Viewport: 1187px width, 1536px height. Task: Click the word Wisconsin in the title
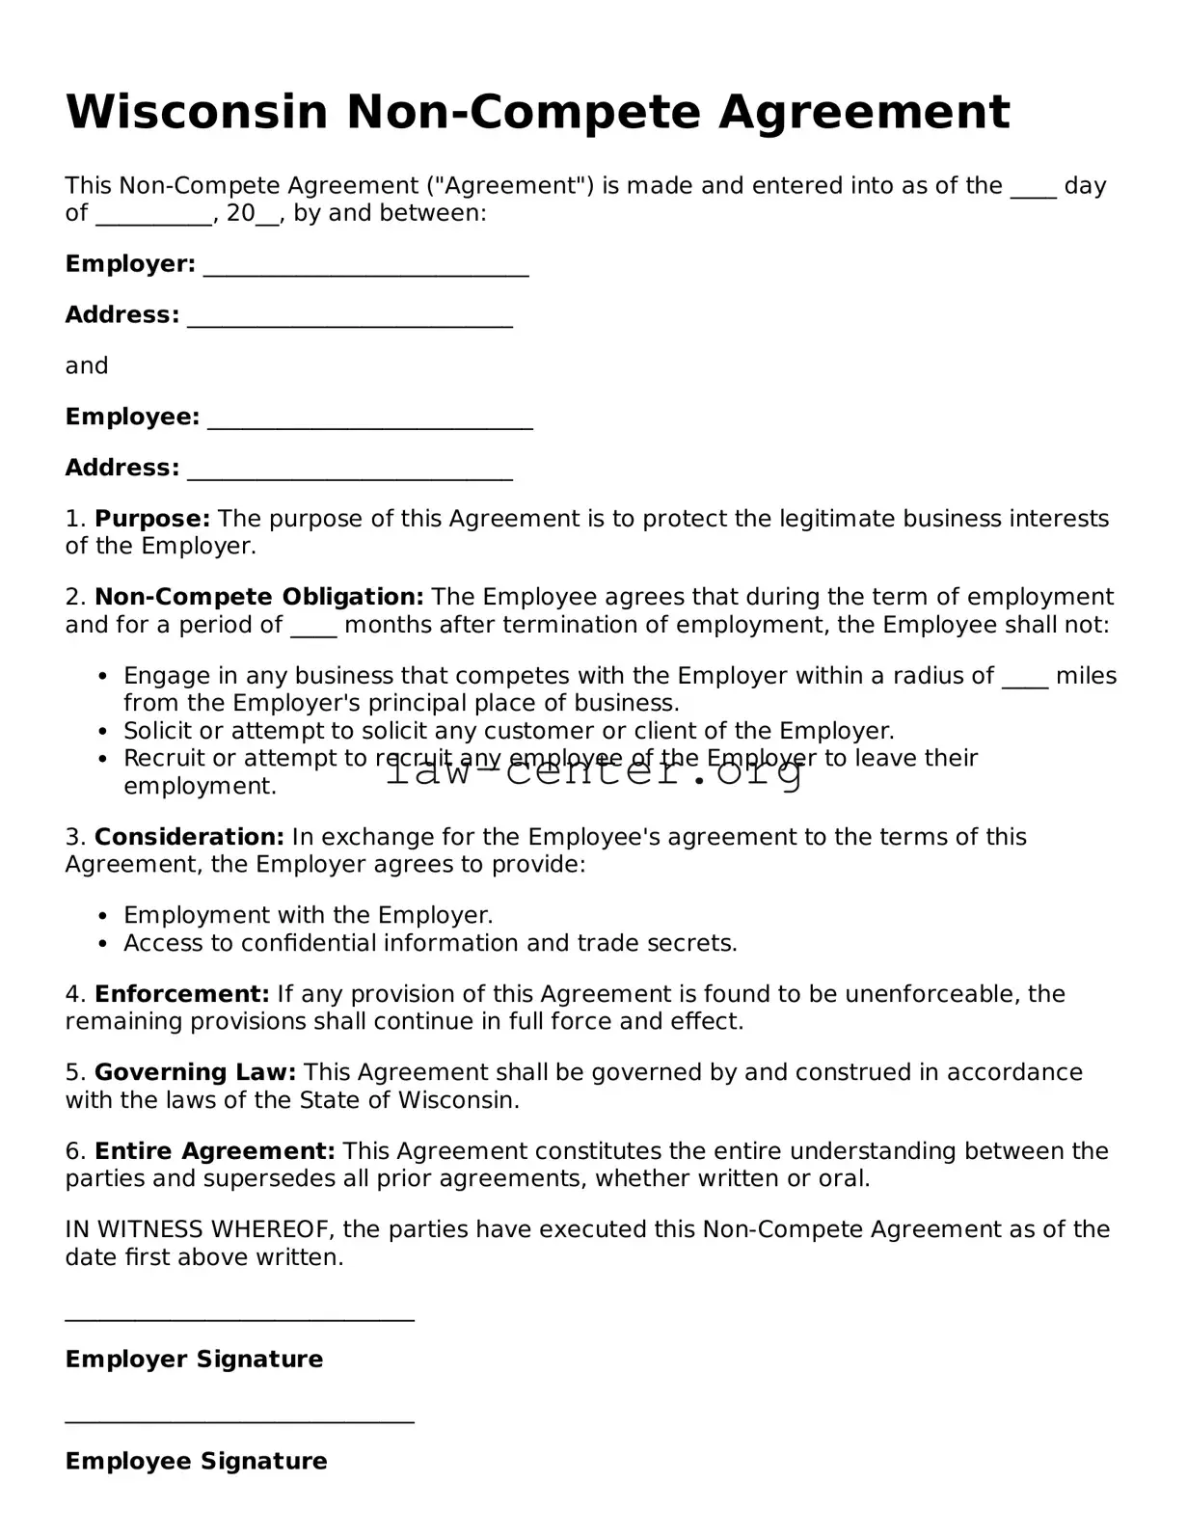click(197, 112)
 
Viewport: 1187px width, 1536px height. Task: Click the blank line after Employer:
click(365, 269)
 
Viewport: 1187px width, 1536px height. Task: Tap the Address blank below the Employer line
click(349, 320)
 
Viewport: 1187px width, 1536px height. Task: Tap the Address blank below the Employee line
click(349, 473)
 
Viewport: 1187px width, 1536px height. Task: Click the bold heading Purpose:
click(152, 519)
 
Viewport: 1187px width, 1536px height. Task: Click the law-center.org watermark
click(594, 771)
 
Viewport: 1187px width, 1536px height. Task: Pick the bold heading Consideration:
click(189, 837)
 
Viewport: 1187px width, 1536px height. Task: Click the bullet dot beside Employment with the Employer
click(103, 916)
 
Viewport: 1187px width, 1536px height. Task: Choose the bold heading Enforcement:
click(181, 994)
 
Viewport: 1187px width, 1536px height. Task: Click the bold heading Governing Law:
click(196, 1072)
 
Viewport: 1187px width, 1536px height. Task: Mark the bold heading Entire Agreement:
click(214, 1151)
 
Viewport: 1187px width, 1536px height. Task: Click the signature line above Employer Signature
click(239, 1317)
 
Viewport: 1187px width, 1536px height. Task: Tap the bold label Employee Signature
click(196, 1461)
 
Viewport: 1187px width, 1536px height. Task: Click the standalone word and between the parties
click(87, 366)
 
